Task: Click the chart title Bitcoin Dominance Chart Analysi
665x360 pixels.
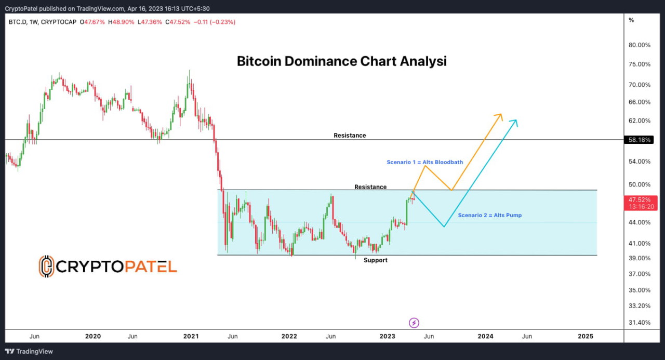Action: [341, 61]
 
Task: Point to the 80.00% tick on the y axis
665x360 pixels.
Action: [640, 45]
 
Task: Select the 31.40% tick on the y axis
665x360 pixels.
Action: [640, 323]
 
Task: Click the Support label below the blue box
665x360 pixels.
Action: [375, 260]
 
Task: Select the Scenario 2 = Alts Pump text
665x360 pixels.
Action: [489, 215]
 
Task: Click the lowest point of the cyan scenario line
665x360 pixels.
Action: [444, 226]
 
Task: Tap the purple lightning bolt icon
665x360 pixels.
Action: [414, 323]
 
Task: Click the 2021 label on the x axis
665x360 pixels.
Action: [191, 336]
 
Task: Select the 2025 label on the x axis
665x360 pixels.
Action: [585, 336]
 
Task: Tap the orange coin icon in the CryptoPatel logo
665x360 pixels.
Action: [46, 266]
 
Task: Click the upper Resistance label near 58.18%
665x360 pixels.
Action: [350, 136]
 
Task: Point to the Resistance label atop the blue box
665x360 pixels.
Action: [370, 187]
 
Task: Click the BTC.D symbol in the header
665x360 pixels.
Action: [17, 22]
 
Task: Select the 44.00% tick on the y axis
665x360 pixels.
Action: [640, 222]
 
